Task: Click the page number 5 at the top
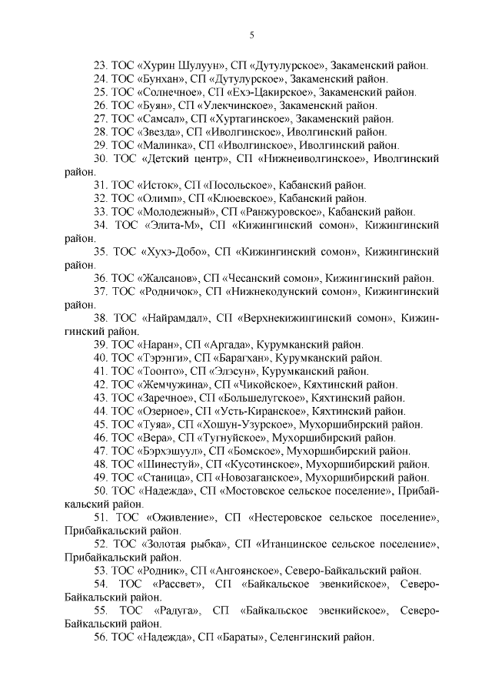[x=251, y=35]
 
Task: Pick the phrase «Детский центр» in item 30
[x=187, y=158]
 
